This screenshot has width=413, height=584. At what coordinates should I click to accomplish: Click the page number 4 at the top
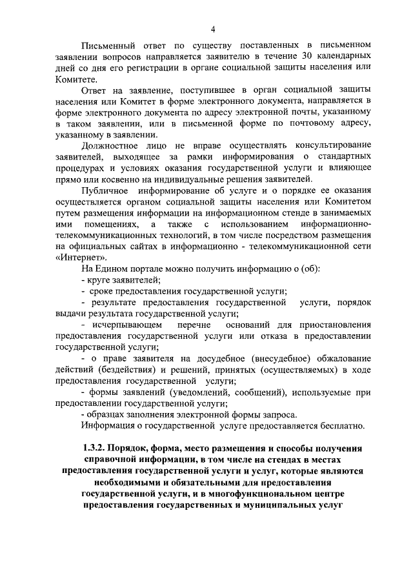212,28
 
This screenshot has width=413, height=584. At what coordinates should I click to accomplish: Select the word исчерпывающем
123,324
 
